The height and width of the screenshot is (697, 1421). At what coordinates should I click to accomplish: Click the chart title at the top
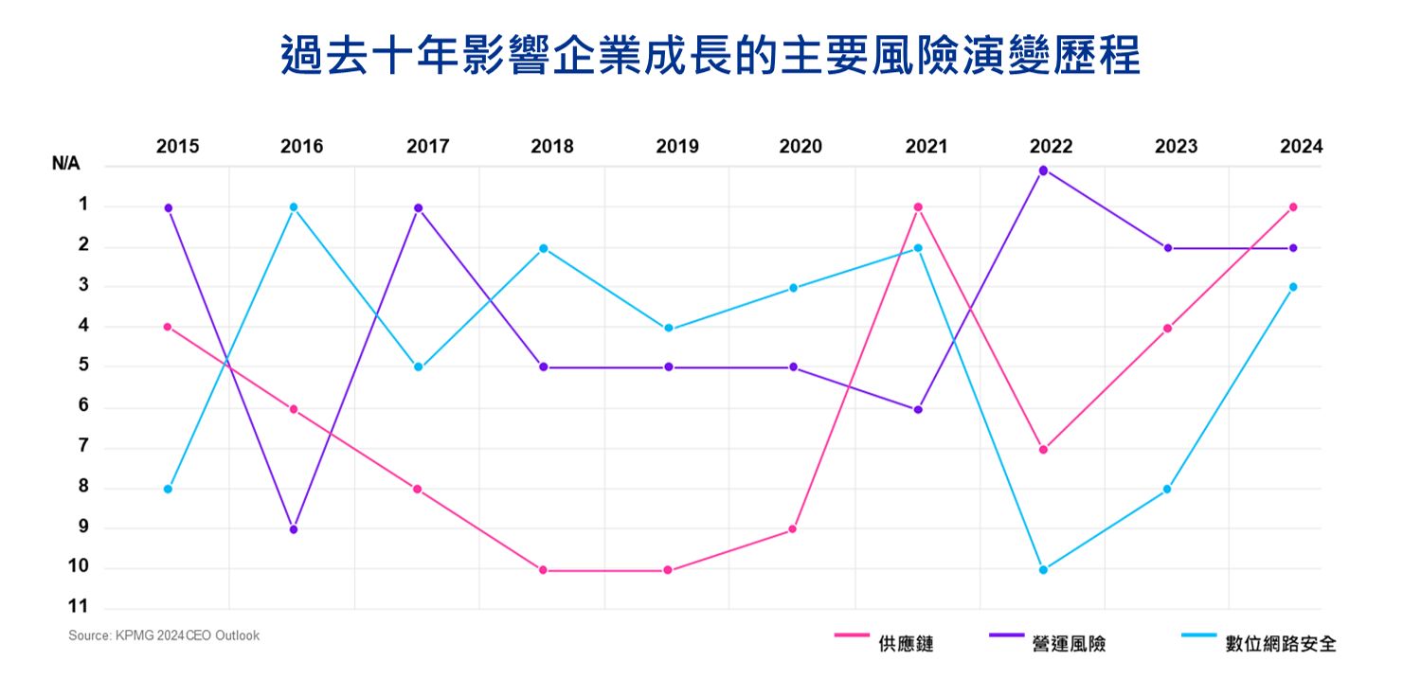coord(710,57)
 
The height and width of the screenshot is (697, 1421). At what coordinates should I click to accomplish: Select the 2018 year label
coord(551,147)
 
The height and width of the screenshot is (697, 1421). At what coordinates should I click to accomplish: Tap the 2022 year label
coord(1051,147)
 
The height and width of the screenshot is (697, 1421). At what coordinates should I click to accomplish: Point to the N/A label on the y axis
coord(66,164)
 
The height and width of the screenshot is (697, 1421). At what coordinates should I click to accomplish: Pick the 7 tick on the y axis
coord(83,447)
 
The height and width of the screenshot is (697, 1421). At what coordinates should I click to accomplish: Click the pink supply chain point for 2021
coord(918,206)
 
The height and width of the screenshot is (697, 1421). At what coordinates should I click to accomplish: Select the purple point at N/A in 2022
coord(1043,170)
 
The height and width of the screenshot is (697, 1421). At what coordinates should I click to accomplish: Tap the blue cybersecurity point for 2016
coord(294,206)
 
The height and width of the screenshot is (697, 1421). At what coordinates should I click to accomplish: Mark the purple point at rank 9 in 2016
coord(294,529)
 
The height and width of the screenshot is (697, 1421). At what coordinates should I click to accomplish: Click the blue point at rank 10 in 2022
coord(1043,570)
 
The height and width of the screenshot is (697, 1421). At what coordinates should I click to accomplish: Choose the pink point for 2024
coord(1293,206)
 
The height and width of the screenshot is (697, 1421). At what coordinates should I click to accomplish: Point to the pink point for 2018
coord(543,570)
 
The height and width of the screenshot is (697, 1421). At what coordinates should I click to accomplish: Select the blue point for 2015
coord(168,489)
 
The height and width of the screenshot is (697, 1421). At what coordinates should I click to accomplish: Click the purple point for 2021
coord(918,409)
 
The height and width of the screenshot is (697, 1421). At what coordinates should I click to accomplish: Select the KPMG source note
coord(164,635)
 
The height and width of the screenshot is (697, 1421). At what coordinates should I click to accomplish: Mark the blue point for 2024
coord(1293,286)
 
